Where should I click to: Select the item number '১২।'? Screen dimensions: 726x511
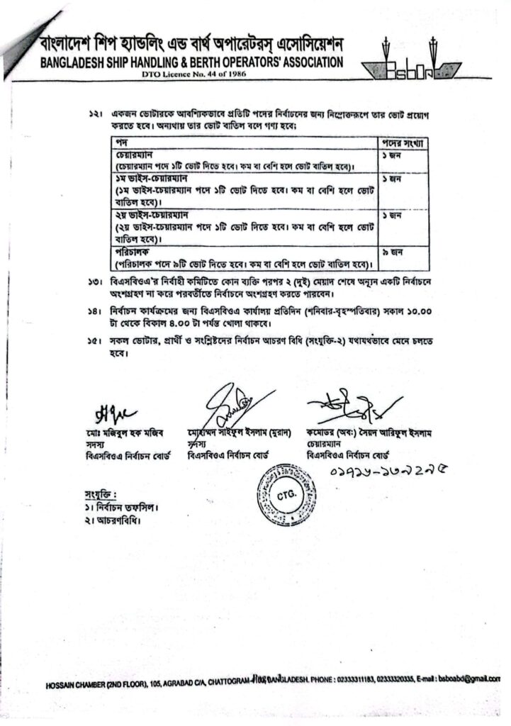coord(94,114)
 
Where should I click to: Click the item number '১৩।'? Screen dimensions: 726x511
coord(94,283)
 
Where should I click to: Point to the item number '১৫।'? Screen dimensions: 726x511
coord(94,342)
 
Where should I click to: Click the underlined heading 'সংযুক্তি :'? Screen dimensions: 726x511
coord(99,493)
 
